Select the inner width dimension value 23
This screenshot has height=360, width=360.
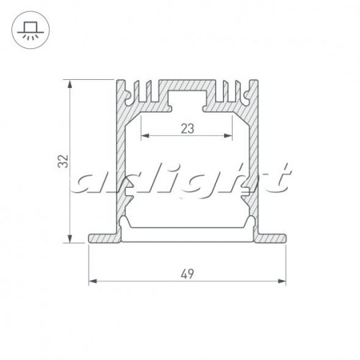pyautogui.click(x=186, y=129)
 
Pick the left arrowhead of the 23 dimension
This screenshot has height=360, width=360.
pyautogui.click(x=143, y=137)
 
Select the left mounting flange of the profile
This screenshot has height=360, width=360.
pyautogui.click(x=102, y=238)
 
